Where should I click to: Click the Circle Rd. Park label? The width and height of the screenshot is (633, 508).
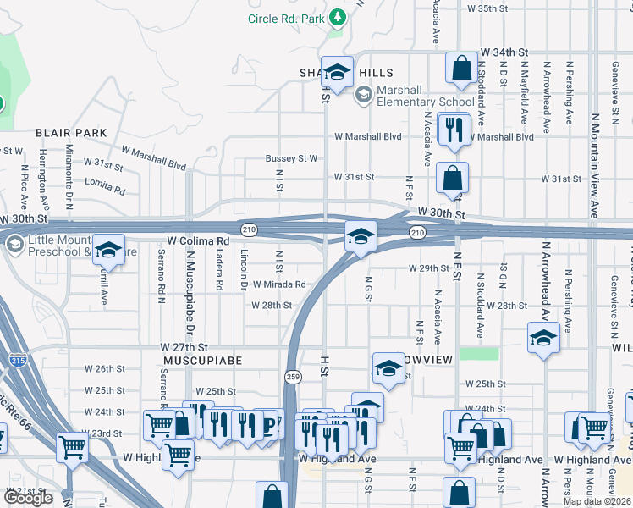tap(286, 18)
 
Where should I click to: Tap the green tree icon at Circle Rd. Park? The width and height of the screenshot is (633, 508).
tap(338, 17)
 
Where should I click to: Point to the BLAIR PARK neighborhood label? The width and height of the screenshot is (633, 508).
tap(71, 133)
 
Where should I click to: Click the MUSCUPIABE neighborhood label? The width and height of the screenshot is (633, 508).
tap(202, 361)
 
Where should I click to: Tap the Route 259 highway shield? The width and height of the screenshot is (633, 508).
tap(292, 378)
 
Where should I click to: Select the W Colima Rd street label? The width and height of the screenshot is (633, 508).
tap(198, 241)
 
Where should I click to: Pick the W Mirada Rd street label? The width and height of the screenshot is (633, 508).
tap(277, 285)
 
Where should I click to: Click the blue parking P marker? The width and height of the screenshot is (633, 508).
tap(269, 424)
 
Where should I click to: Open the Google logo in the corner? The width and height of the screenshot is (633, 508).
tap(28, 498)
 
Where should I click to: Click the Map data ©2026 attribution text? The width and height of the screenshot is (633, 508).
tap(597, 501)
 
